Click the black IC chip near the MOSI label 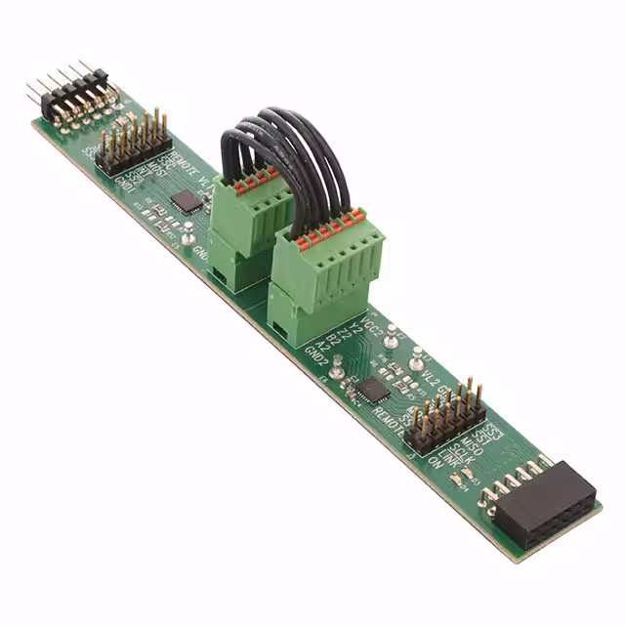(186, 200)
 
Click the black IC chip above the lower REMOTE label (373, 389)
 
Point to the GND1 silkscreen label (128, 186)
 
